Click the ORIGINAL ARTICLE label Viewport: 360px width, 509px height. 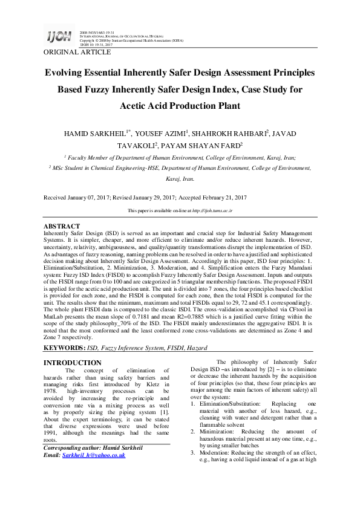click(77, 53)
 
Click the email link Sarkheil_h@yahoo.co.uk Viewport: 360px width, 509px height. click(93, 455)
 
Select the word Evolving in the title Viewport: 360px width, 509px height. click(71, 73)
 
